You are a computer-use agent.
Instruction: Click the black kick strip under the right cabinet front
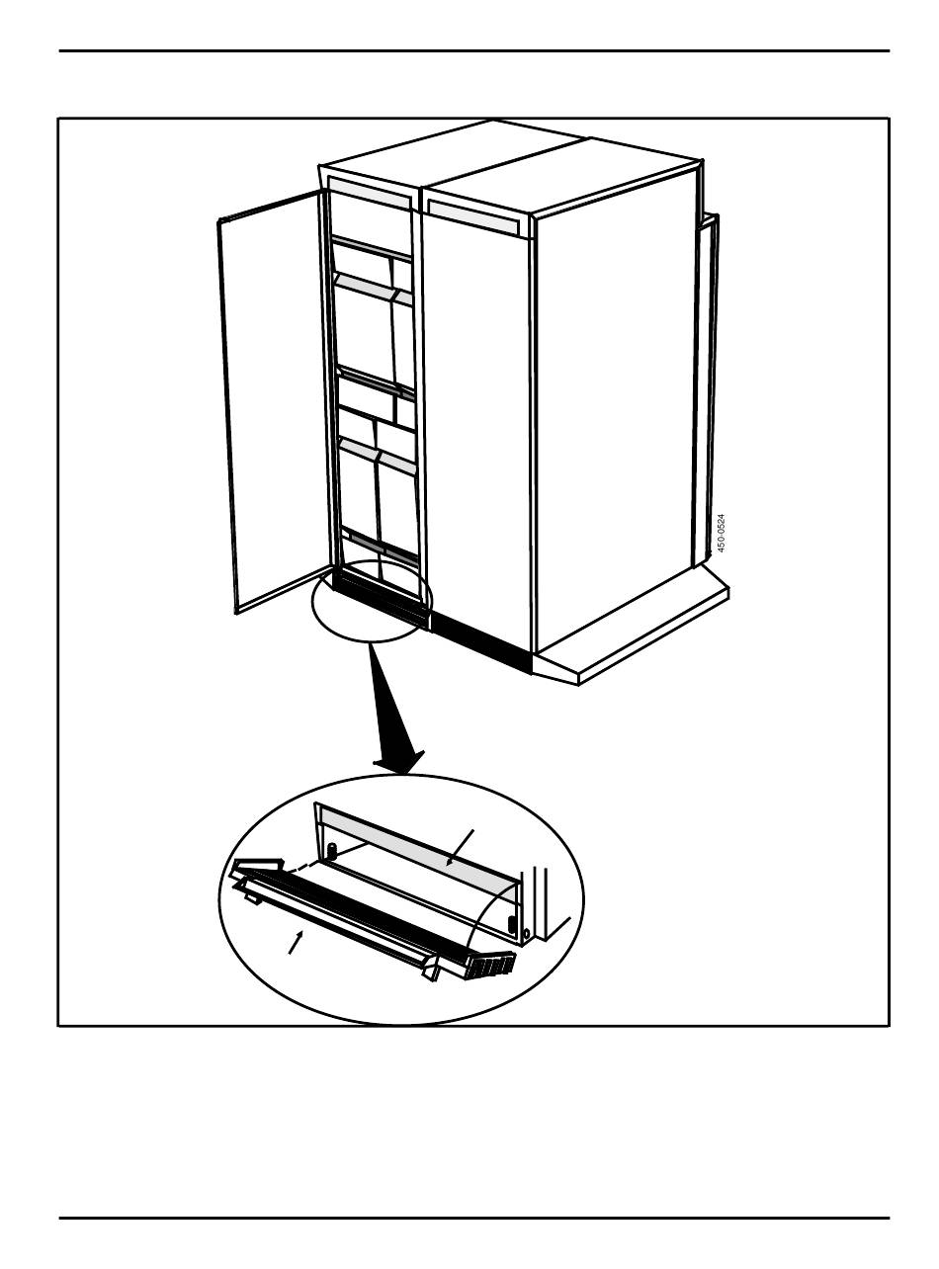tap(480, 638)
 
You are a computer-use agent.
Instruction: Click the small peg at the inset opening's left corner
tap(333, 851)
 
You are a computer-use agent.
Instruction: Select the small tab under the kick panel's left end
tap(251, 897)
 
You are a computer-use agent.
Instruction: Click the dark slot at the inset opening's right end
tap(511, 924)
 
